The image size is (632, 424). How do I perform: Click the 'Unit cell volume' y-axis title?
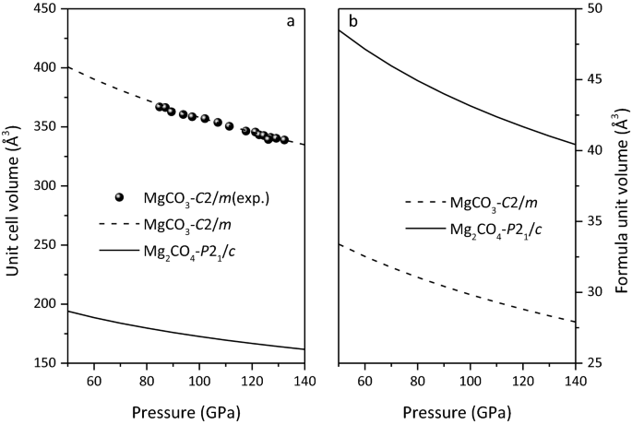coord(13,184)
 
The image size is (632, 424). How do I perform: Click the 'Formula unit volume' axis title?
coord(619,184)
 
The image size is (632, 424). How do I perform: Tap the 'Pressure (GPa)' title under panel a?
coord(186,412)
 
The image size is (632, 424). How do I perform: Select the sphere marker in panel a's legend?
coord(119,197)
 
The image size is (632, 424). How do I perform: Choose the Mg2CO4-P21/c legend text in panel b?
coord(492,229)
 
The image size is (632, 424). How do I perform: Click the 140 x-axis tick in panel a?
coord(304,381)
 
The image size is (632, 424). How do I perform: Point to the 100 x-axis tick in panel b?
coord(471,381)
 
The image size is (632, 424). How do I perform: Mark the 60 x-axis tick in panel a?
coord(93,381)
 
